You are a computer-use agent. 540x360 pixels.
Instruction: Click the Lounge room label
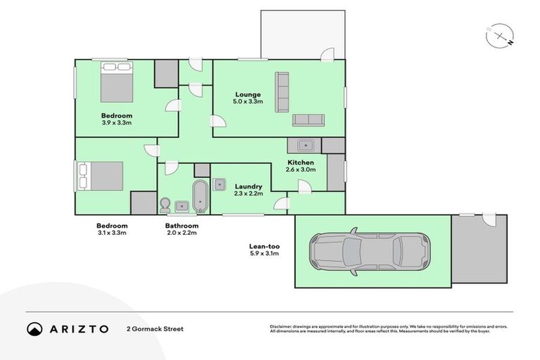pos(248,94)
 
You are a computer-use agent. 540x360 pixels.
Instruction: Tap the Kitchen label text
pos(301,162)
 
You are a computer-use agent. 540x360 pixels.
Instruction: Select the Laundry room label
pos(248,186)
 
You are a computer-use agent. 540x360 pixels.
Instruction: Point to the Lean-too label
pos(264,246)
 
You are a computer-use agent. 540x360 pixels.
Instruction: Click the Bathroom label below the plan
pos(182,226)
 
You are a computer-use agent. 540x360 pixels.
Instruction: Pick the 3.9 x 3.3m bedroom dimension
pos(117,122)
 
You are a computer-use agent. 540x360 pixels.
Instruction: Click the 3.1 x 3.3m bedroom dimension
pos(112,233)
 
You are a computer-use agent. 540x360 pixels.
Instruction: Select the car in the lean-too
pos(370,252)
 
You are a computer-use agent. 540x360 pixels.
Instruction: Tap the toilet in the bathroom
pos(165,205)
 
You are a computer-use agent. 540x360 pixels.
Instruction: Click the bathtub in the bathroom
pos(200,196)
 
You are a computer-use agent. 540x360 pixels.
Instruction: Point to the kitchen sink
pos(305,146)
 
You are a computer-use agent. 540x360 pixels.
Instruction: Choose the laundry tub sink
pos(219,185)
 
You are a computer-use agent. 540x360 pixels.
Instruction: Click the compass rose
pos(500,36)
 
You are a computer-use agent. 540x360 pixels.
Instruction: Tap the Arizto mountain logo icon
pos(34,329)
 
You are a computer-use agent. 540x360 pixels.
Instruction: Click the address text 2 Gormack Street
pos(155,329)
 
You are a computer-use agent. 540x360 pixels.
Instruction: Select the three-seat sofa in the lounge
pos(282,92)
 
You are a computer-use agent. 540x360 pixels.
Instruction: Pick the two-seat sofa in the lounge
pos(308,120)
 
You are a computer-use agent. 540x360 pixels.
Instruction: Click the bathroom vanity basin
pos(181,206)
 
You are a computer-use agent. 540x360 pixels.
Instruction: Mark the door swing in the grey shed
pos(489,220)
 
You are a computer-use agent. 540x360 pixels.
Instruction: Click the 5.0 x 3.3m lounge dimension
pos(248,102)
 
